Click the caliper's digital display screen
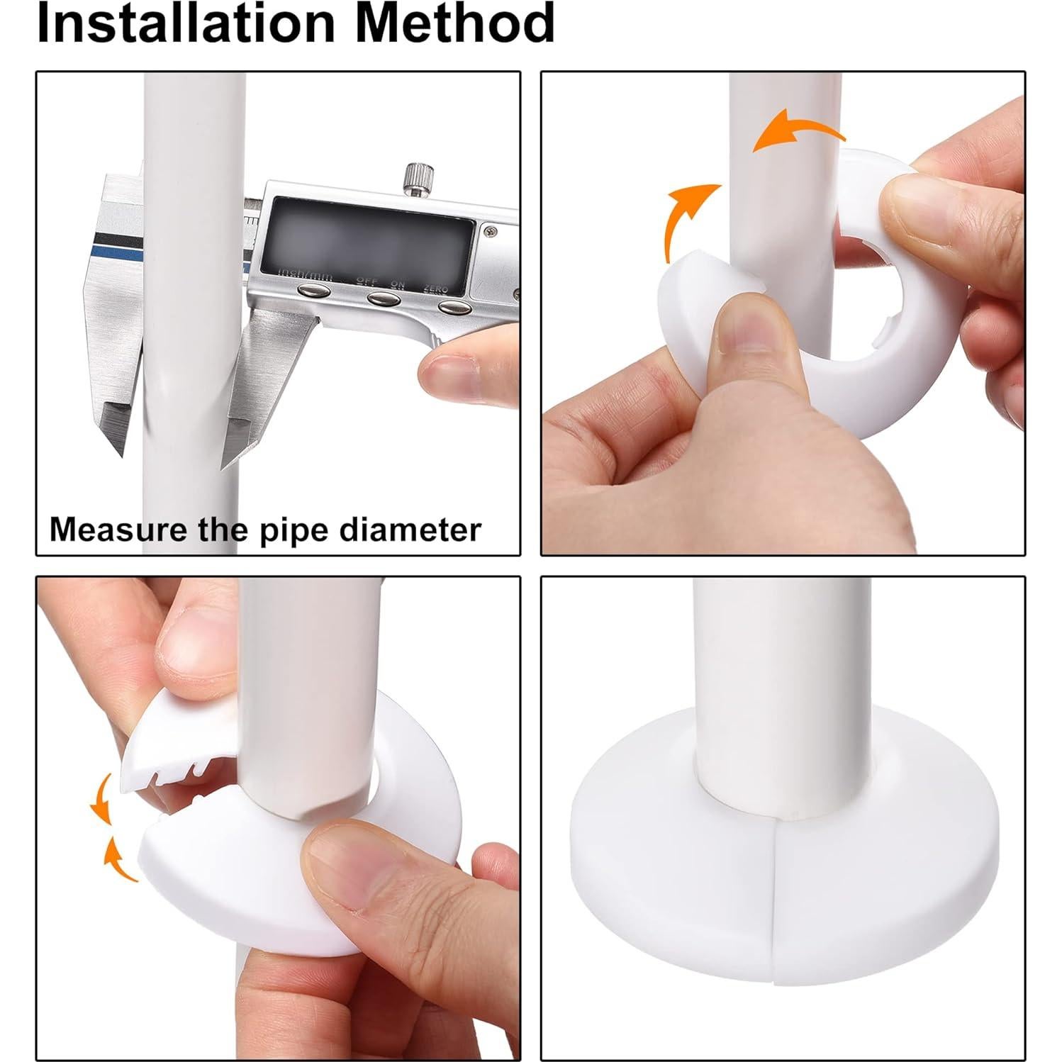click(x=367, y=235)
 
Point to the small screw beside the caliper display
click(x=491, y=230)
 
